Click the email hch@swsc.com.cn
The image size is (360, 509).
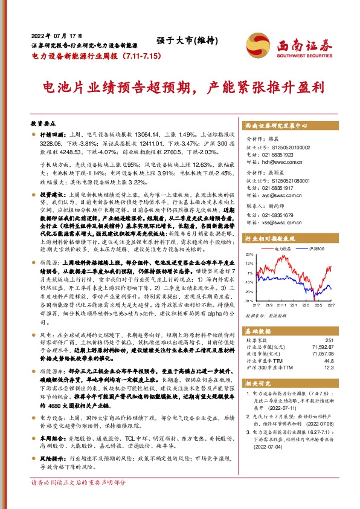click(x=285, y=163)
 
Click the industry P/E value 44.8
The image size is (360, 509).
click(x=329, y=361)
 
